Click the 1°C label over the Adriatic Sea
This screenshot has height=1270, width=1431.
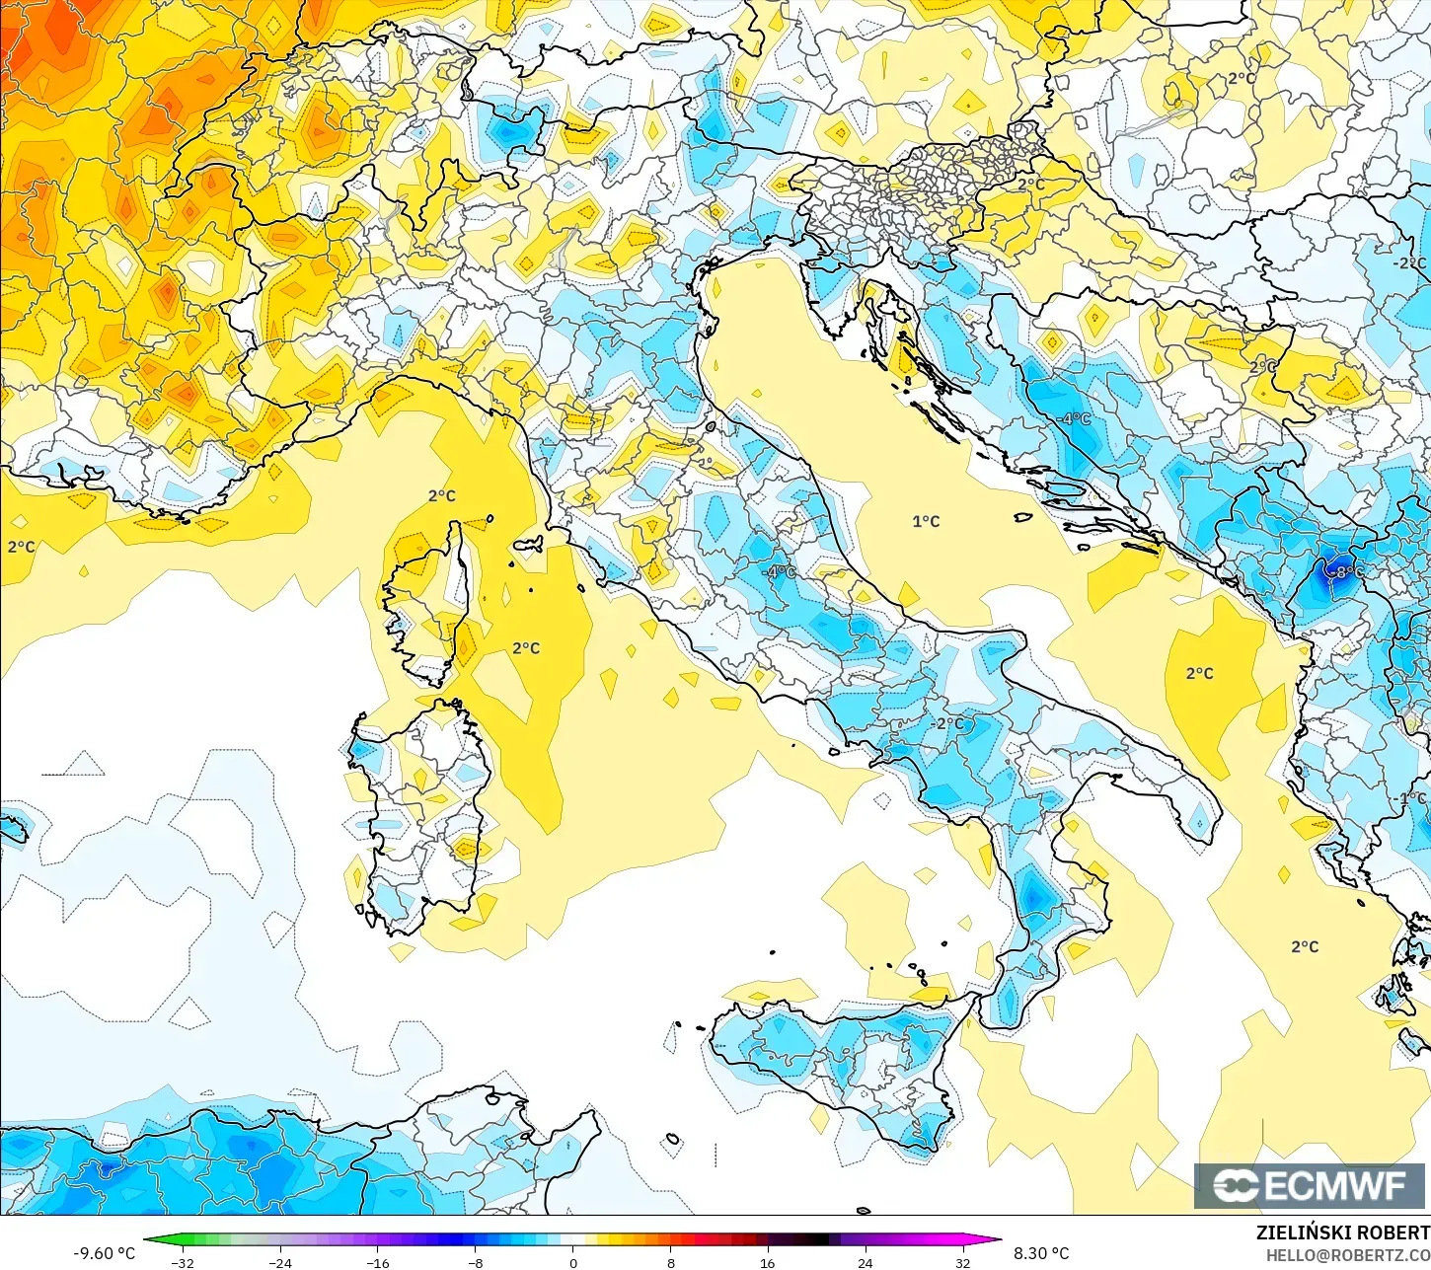[x=926, y=521]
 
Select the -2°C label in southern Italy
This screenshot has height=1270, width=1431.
[x=947, y=723]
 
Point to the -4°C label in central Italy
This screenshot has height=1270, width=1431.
[x=780, y=572]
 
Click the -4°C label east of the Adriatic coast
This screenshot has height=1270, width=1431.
[x=1074, y=418]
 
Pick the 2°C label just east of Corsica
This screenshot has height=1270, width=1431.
[x=526, y=648]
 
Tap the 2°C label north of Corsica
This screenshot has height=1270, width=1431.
[x=442, y=495]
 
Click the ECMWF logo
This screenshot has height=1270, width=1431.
[x=1311, y=1185]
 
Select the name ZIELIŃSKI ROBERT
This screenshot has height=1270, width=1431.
[x=1342, y=1233]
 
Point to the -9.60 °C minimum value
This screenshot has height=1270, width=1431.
[x=104, y=1253]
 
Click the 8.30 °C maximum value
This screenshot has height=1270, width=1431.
[x=1041, y=1253]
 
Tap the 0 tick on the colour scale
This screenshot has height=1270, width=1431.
[x=572, y=1262]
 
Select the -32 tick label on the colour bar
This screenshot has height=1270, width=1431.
[x=182, y=1262]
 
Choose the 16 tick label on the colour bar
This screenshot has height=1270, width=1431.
[x=767, y=1262]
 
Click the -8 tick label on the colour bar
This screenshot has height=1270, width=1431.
[x=475, y=1262]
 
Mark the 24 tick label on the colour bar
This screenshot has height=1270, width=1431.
[x=865, y=1262]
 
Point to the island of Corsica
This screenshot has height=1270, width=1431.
[x=429, y=602]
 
